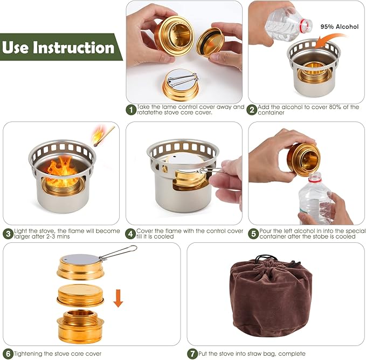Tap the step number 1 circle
(x=131, y=110)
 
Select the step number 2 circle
(x=252, y=110)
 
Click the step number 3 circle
(x=8, y=234)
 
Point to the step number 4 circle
(x=131, y=234)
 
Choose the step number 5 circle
(x=253, y=234)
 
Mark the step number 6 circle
(x=8, y=354)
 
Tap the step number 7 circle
(x=192, y=354)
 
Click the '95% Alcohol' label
(x=339, y=26)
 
